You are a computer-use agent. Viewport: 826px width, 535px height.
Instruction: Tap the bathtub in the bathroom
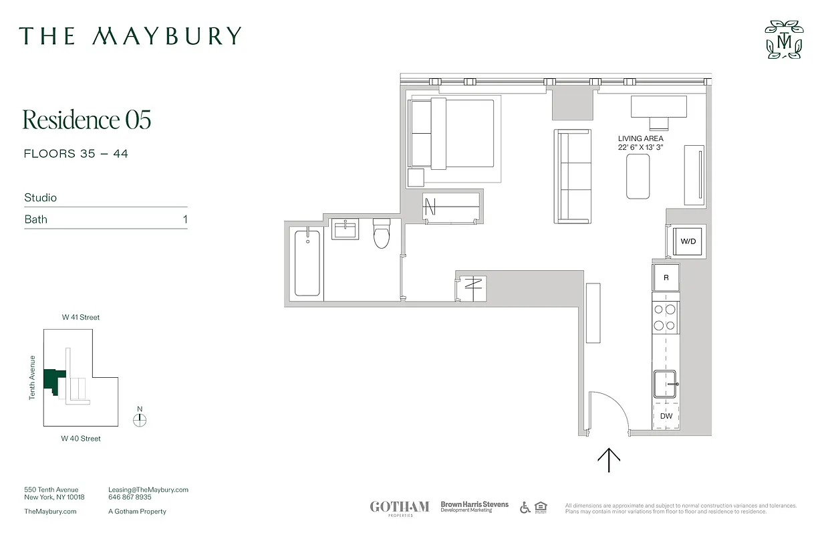pos(307,261)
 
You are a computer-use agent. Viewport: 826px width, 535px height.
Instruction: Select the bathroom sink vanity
pos(346,231)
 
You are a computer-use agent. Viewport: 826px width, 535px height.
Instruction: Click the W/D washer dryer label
pos(688,241)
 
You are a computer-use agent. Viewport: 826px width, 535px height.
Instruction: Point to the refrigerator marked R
pos(666,278)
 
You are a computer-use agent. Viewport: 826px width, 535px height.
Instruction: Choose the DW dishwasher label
pos(666,416)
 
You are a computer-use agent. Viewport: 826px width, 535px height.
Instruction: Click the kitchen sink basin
pos(665,385)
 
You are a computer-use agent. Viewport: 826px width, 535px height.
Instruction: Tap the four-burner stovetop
pos(665,318)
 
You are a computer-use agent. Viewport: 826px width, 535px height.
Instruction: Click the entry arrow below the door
pos(609,461)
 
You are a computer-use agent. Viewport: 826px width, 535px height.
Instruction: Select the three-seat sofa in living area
pos(573,177)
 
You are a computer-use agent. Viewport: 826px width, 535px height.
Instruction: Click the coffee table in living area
pos(638,177)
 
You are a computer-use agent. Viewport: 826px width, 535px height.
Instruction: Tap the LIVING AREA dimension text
pos(640,143)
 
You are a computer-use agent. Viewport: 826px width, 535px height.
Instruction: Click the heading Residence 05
pos(87,120)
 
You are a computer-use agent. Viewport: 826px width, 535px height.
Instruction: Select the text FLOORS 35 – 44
pos(76,154)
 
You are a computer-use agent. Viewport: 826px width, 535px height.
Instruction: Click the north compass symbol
pos(140,420)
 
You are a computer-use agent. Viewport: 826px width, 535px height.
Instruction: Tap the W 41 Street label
pos(81,318)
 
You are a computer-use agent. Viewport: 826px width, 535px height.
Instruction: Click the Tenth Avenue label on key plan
pos(32,378)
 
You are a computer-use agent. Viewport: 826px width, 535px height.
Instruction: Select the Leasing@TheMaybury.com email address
pos(148,490)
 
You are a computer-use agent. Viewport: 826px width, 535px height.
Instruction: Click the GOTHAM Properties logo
pos(400,508)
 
